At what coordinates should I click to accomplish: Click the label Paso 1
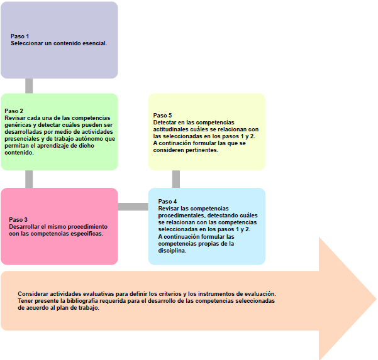coord(19,36)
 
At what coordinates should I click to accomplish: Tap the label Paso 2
coord(14,111)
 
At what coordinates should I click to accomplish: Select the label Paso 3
coord(18,219)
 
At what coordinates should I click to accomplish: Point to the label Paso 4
coord(167,202)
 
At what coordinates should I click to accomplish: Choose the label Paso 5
coord(162,116)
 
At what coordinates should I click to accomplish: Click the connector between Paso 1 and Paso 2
coord(29,86)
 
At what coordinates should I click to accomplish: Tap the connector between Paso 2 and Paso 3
coord(29,179)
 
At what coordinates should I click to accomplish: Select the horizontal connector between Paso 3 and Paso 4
coord(133,207)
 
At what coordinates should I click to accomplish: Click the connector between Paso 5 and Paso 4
coord(176,179)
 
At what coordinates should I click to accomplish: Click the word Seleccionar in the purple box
coord(26,43)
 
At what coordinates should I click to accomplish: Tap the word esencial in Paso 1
coord(94,43)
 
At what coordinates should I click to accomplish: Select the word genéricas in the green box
coord(19,125)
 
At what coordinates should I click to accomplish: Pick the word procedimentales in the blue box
coord(181,215)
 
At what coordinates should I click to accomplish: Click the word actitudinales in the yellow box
coord(173,129)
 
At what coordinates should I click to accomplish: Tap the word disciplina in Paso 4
coord(172,251)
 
